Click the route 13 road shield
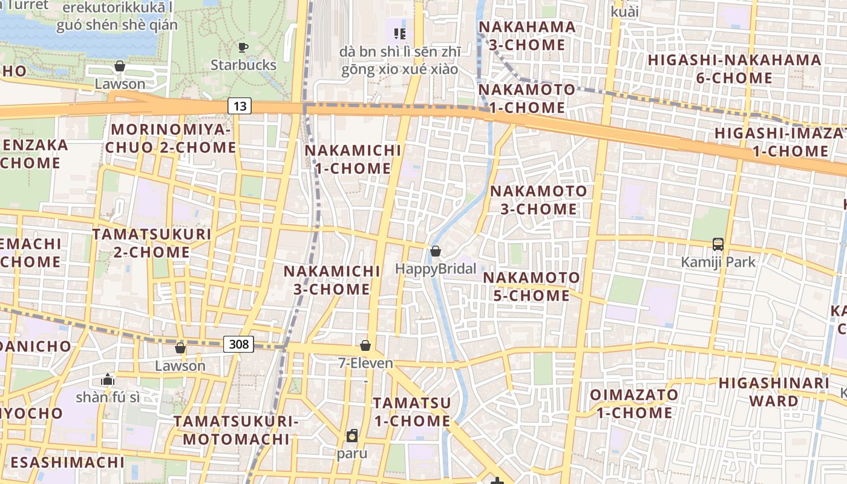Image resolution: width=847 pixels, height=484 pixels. [240, 106]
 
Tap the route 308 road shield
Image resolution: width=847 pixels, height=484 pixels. [239, 344]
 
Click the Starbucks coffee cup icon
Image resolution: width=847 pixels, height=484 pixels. [243, 47]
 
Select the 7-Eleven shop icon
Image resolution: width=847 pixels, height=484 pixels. [365, 345]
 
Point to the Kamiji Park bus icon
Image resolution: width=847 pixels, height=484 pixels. [718, 244]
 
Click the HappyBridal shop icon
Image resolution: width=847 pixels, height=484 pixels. [435, 251]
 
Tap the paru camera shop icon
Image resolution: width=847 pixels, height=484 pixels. [352, 435]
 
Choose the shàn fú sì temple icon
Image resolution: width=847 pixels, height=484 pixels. [108, 379]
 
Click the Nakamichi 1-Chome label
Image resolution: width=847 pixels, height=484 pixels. [353, 159]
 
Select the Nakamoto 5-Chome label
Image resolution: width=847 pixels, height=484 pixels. [531, 287]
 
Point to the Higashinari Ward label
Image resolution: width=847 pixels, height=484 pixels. [774, 392]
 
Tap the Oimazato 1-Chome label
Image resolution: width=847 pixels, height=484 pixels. [634, 404]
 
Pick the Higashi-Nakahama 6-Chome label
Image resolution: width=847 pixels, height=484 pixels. [734, 69]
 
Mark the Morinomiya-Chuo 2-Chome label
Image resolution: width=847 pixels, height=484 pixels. [171, 139]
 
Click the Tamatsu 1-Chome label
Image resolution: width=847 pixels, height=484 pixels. [411, 411]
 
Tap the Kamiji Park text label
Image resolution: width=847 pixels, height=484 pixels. [718, 262]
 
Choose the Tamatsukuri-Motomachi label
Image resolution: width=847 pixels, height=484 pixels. [237, 430]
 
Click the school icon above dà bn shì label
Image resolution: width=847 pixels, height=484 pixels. [399, 33]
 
